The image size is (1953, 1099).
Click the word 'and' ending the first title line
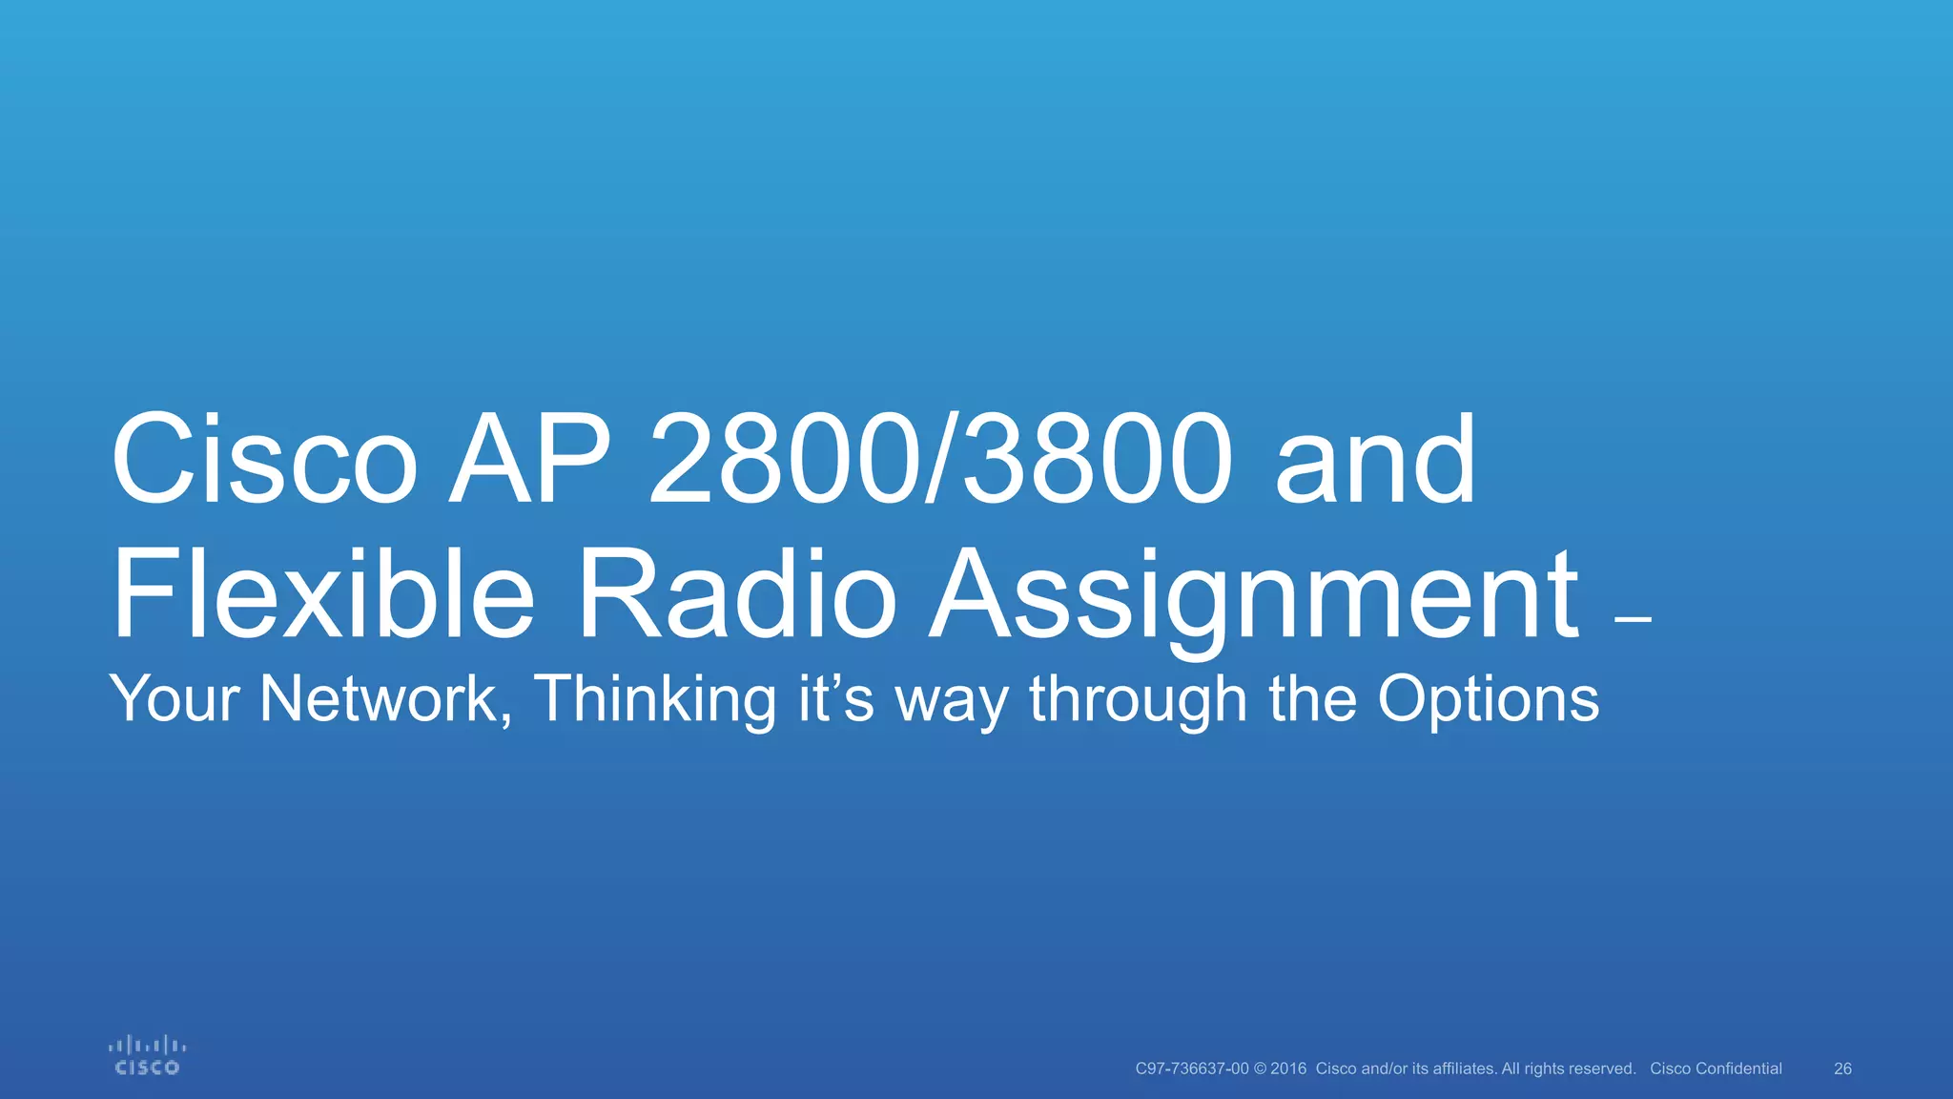click(1375, 461)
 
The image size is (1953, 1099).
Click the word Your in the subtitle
click(175, 699)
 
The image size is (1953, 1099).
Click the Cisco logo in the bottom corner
click(147, 1056)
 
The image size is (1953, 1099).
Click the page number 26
click(1842, 1068)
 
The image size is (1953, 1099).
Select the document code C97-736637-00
click(1191, 1068)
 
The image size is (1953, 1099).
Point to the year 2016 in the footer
click(1288, 1068)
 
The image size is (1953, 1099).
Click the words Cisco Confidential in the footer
click(1716, 1068)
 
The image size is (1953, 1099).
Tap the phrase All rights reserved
click(1569, 1068)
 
